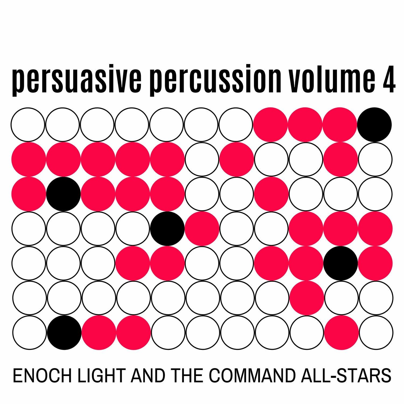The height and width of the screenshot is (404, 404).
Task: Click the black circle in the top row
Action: tap(375, 124)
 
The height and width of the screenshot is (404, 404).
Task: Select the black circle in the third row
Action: tap(64, 194)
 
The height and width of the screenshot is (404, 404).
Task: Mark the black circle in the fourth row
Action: tap(168, 228)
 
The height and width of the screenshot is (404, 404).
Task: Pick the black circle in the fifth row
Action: tap(341, 263)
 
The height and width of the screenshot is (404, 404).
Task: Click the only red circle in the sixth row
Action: tap(306, 298)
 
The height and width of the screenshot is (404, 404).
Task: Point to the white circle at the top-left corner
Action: tap(28, 124)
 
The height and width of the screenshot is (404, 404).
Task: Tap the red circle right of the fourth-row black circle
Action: tap(202, 228)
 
